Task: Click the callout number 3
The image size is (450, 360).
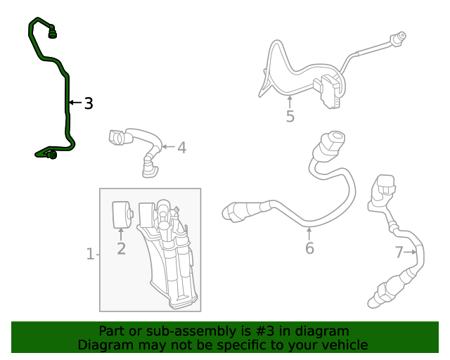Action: pos(88,103)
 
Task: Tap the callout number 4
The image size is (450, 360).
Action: pos(181,148)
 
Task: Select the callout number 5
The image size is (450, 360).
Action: pos(290,116)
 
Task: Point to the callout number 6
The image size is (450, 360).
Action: pos(309,247)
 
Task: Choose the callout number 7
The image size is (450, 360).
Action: pos(399,252)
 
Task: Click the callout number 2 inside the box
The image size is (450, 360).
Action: pos(121,248)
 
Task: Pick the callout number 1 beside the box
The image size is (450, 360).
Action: pos(90,254)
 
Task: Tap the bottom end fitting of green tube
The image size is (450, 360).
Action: pos(51,154)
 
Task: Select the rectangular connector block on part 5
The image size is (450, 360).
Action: pos(328,91)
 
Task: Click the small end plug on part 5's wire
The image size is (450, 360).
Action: pos(399,37)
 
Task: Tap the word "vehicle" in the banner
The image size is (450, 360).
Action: pos(342,345)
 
